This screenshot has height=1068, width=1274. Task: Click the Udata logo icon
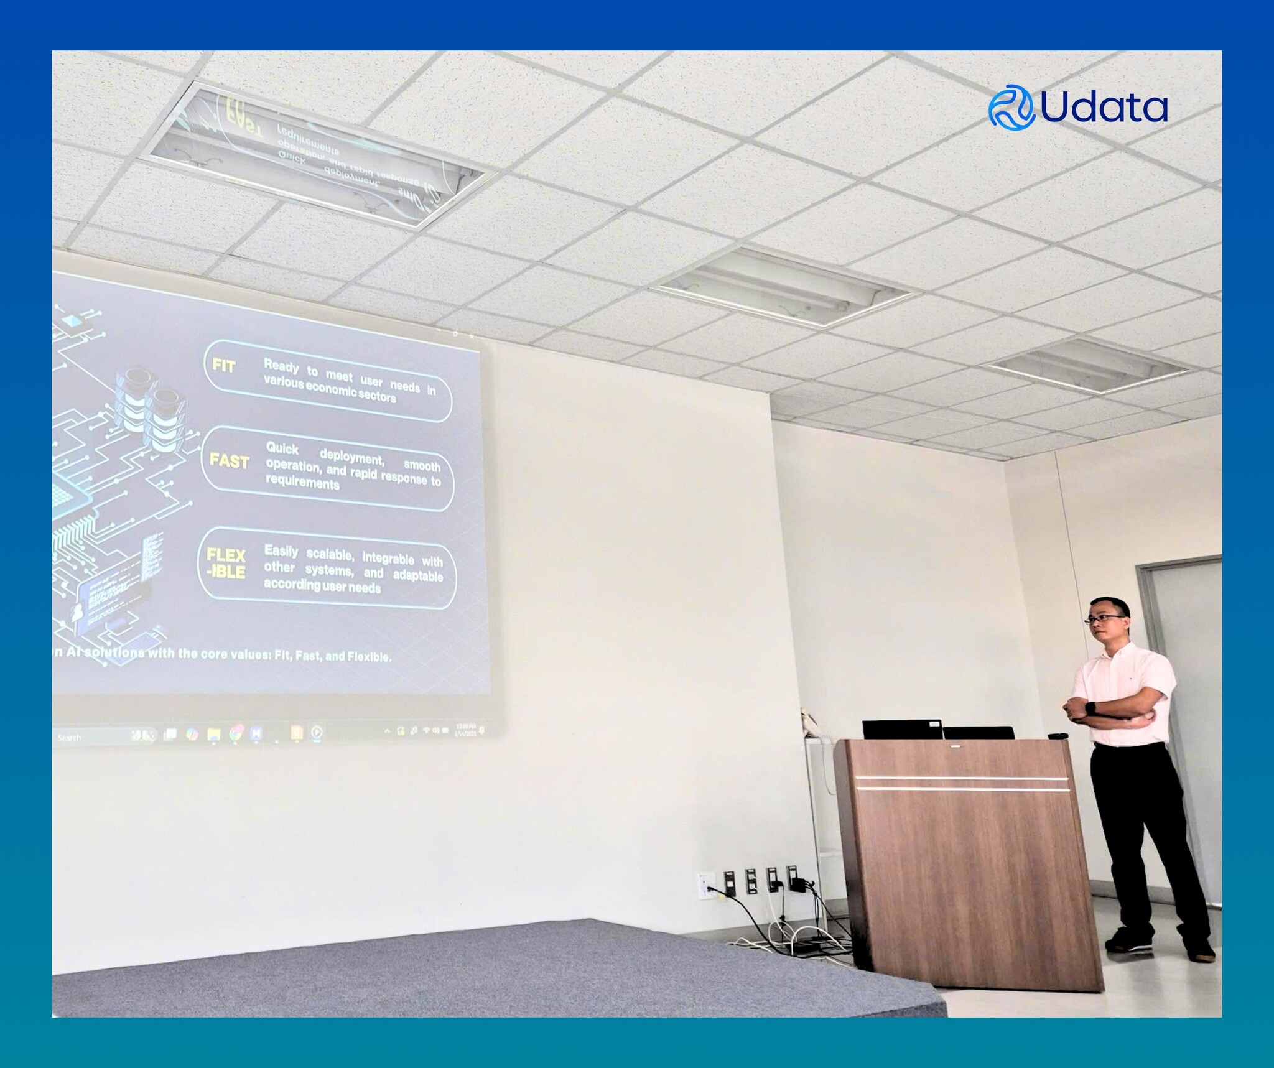point(1011,107)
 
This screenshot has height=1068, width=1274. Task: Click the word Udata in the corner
point(1103,108)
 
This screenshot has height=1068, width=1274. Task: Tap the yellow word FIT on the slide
point(224,365)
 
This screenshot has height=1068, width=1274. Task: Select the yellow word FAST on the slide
point(229,461)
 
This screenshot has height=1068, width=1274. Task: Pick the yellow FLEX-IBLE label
point(226,563)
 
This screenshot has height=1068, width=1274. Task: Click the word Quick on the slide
point(282,448)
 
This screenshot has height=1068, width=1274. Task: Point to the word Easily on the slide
point(281,551)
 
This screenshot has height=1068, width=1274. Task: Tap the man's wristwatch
point(1090,708)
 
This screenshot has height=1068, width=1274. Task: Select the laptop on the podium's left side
point(901,729)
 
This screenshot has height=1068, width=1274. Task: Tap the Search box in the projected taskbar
point(70,738)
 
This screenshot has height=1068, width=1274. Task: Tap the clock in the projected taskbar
point(466,729)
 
